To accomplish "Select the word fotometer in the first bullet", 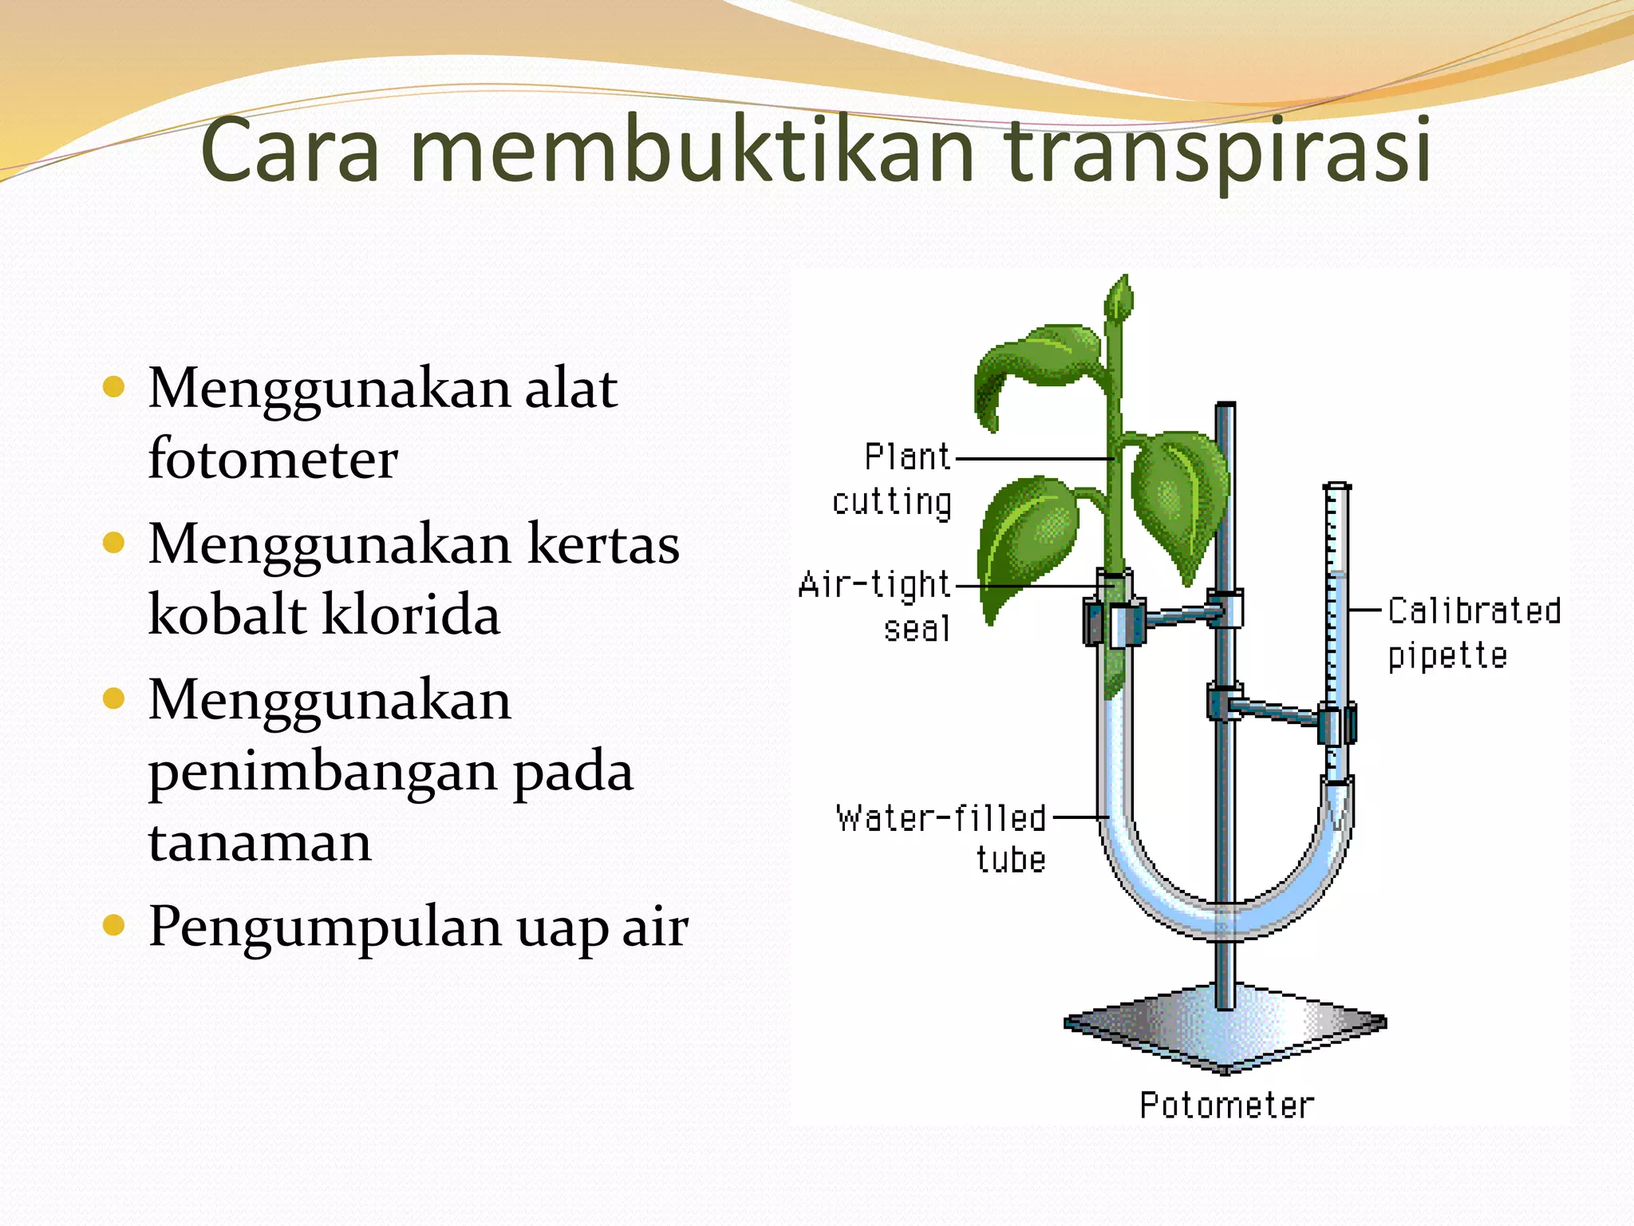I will (273, 460).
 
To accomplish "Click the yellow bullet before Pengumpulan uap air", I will (115, 926).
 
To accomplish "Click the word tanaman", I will (260, 842).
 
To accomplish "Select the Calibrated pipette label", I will (1473, 633).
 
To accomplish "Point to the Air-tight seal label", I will (875, 607).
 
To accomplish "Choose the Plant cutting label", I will (892, 480).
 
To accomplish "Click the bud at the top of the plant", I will (1119, 299).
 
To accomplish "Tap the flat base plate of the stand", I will (1225, 1030).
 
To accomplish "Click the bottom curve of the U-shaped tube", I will (1226, 918).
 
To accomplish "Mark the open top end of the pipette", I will (1336, 486).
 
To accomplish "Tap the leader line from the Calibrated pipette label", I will (1364, 610).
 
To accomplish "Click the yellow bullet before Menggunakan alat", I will (115, 388).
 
